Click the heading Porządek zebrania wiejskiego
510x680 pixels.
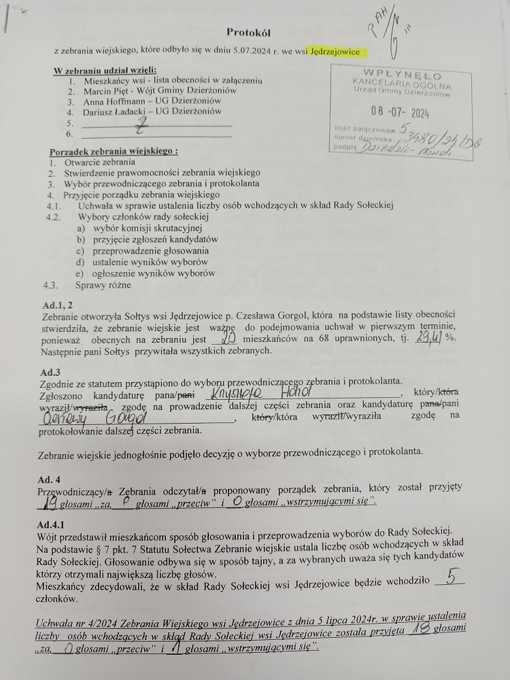pyautogui.click(x=114, y=151)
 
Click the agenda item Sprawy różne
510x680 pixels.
pyautogui.click(x=103, y=285)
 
